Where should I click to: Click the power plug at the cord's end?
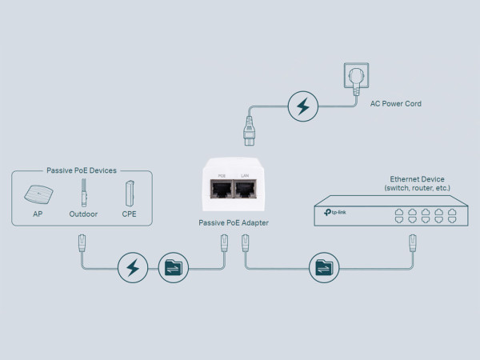(x=248, y=128)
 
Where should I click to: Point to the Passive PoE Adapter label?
(x=233, y=222)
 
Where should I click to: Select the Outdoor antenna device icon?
(x=83, y=194)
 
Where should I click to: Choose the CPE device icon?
(x=128, y=194)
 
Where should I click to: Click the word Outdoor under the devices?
(x=83, y=214)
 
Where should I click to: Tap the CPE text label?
(x=128, y=214)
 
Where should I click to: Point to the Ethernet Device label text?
(x=417, y=179)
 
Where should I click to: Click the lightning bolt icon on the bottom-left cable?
(x=133, y=266)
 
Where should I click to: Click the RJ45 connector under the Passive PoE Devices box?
(x=82, y=241)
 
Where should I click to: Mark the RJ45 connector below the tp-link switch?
(x=413, y=241)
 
